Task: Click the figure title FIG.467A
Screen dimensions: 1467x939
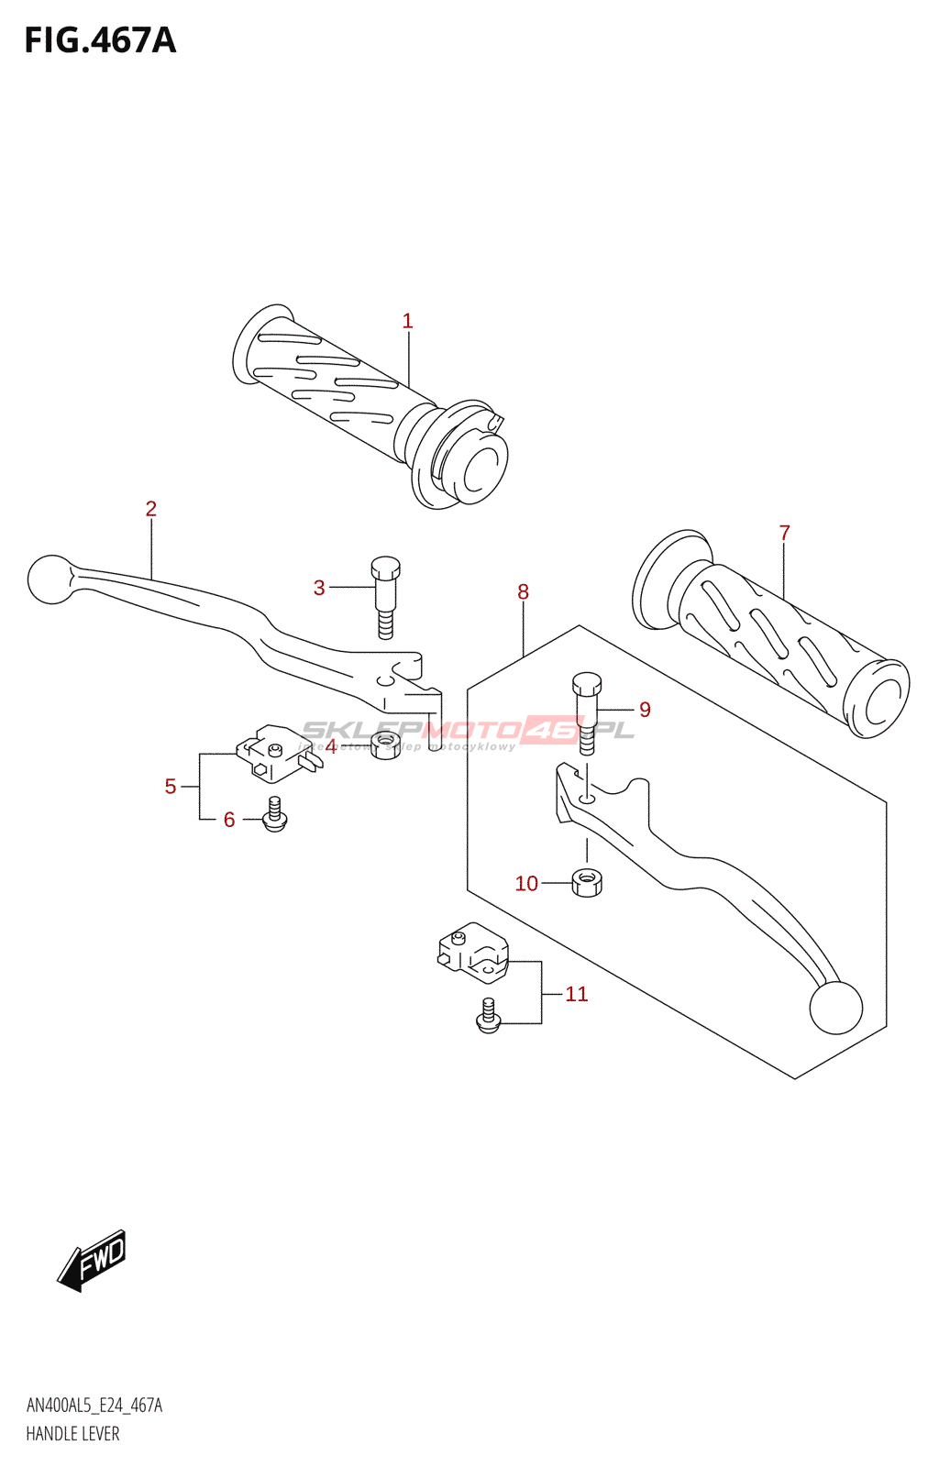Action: pos(100,40)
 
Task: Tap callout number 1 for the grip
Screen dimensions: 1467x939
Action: pos(407,321)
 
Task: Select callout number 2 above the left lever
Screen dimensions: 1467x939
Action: pos(151,508)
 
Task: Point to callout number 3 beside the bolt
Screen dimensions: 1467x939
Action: pos(319,588)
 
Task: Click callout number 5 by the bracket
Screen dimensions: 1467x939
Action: pos(171,786)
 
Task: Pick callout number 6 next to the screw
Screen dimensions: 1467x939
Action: pos(229,820)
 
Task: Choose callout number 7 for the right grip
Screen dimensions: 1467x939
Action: pos(784,533)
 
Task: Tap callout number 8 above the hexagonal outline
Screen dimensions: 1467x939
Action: pos(523,591)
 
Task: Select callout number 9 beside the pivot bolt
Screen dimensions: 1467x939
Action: pos(645,710)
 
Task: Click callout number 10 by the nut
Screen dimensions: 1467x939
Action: pos(526,883)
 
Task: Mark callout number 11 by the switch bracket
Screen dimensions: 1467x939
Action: pos(576,994)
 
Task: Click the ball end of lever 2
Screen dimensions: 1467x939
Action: pos(50,579)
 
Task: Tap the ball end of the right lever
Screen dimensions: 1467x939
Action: pos(835,1007)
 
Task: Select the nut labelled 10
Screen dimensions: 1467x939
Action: pos(587,882)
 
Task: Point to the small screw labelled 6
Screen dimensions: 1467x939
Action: pos(273,815)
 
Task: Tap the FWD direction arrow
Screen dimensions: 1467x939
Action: pos(93,1260)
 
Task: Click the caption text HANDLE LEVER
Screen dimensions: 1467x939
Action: pos(72,1434)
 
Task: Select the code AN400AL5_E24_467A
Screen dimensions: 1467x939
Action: pos(94,1406)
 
